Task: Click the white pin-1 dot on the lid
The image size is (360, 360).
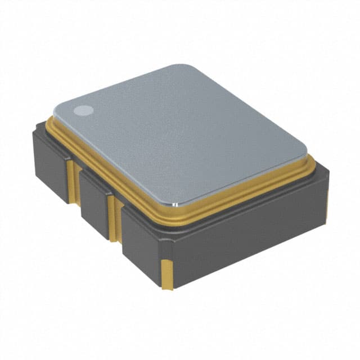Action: point(84,111)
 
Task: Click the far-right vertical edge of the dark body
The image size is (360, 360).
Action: point(327,191)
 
